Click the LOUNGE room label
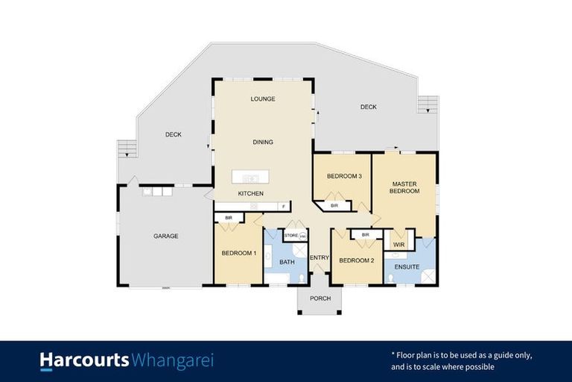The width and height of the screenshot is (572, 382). click(x=263, y=98)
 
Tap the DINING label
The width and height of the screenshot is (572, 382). click(x=262, y=142)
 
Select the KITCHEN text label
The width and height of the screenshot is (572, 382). click(x=250, y=194)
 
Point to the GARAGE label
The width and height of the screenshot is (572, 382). click(x=165, y=237)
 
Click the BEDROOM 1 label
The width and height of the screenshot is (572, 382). click(x=238, y=253)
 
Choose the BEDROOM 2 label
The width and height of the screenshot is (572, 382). click(x=356, y=260)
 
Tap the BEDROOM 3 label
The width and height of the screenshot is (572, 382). click(x=344, y=176)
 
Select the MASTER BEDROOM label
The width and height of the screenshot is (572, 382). click(x=404, y=187)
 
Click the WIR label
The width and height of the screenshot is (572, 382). click(x=398, y=244)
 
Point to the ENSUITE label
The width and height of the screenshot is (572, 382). click(x=407, y=267)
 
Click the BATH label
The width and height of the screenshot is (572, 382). click(x=287, y=262)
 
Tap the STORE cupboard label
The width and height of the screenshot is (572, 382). click(x=291, y=236)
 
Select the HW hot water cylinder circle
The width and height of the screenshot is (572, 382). click(x=303, y=237)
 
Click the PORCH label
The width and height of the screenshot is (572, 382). click(x=320, y=298)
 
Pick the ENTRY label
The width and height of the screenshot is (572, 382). click(x=320, y=258)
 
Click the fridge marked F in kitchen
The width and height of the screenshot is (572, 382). click(x=282, y=205)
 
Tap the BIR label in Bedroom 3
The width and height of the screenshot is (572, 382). click(x=334, y=205)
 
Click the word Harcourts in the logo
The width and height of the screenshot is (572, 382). click(x=84, y=361)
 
